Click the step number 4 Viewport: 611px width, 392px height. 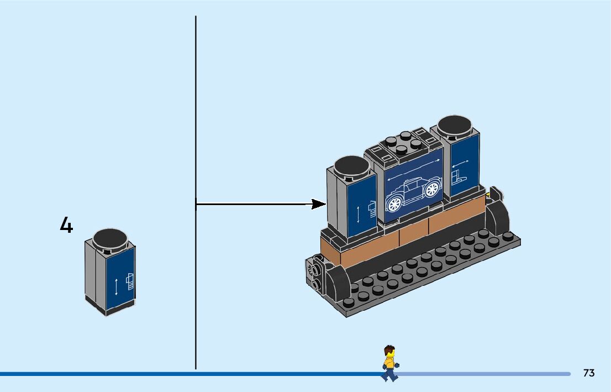click(66, 226)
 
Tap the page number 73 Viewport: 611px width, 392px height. click(589, 373)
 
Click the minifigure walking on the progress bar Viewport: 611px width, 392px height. click(390, 363)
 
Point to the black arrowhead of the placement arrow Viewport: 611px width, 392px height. click(319, 204)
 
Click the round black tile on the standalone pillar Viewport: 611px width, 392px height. click(110, 239)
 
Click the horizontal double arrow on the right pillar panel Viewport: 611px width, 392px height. click(460, 163)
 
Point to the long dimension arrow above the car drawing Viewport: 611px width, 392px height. click(414, 169)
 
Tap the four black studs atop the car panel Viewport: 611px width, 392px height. click(402, 142)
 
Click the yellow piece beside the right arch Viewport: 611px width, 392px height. click(489, 194)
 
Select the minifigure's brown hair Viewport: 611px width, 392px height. click(390, 349)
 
